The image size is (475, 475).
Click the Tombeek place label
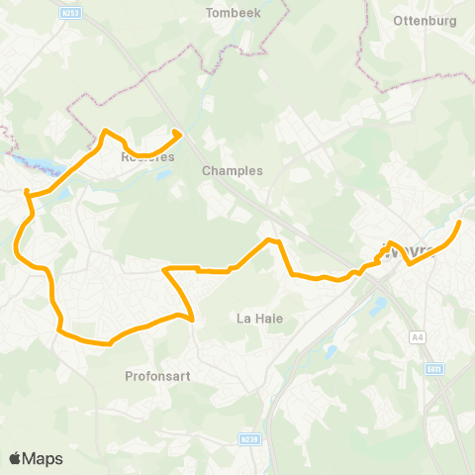coord(231,13)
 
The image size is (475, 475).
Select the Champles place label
coord(232,170)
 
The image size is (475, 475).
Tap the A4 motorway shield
coord(417,337)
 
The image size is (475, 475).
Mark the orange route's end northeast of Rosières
coord(177,134)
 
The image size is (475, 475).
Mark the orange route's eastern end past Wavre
coord(459,222)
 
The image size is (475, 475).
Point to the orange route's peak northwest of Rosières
coord(105,131)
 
